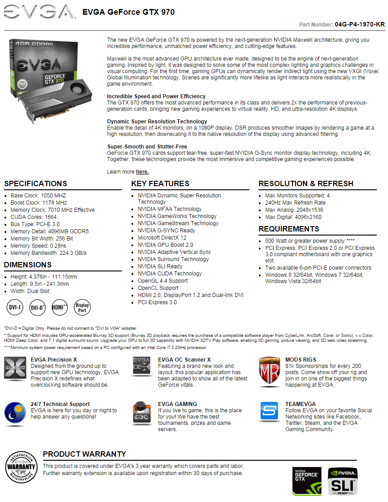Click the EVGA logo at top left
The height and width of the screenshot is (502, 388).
click(39, 13)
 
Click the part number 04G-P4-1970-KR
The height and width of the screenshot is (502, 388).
click(360, 24)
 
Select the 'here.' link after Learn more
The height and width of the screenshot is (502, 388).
click(142, 172)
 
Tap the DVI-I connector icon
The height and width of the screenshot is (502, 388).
click(14, 307)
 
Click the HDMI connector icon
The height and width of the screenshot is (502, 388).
click(60, 307)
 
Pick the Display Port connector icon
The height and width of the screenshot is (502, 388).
click(82, 307)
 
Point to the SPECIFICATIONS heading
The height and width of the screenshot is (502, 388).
click(35, 183)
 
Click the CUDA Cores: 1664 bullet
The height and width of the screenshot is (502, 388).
click(34, 217)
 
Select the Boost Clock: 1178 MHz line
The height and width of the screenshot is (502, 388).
click(39, 203)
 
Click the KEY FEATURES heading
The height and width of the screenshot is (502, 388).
click(160, 183)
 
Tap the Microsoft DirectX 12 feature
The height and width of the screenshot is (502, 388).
click(162, 238)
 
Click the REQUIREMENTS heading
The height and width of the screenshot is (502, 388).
click(289, 229)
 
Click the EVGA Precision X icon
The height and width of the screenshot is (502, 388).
click(15, 371)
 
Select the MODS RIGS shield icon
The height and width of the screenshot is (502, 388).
click(270, 371)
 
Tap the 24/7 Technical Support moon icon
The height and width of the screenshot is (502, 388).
click(15, 413)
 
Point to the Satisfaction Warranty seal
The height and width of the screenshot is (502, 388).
click(21, 466)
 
